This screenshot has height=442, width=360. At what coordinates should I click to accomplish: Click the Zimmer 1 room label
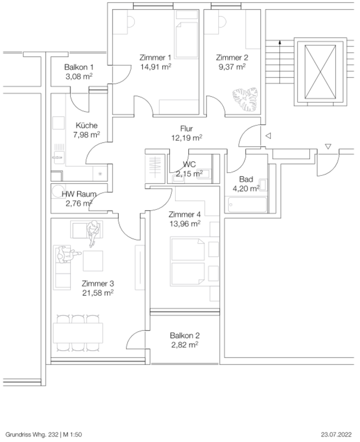pyautogui.click(x=155, y=58)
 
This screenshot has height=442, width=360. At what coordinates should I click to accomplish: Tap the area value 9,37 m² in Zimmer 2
pyautogui.click(x=232, y=66)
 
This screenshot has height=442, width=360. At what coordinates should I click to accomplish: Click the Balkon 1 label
pyautogui.click(x=79, y=67)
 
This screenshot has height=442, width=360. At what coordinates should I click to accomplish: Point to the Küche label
pyautogui.click(x=87, y=125)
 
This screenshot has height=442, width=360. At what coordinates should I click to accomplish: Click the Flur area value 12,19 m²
pyautogui.click(x=186, y=138)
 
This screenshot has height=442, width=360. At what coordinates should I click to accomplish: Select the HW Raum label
pyautogui.click(x=79, y=194)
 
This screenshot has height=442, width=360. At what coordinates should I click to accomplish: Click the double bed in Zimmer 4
pyautogui.click(x=188, y=261)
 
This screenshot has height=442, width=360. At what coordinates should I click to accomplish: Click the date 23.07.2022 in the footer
pyautogui.click(x=337, y=434)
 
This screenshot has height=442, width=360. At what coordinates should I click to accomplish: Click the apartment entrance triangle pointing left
pyautogui.click(x=267, y=136)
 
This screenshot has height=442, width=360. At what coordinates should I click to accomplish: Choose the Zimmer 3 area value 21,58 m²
pyautogui.click(x=98, y=292)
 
